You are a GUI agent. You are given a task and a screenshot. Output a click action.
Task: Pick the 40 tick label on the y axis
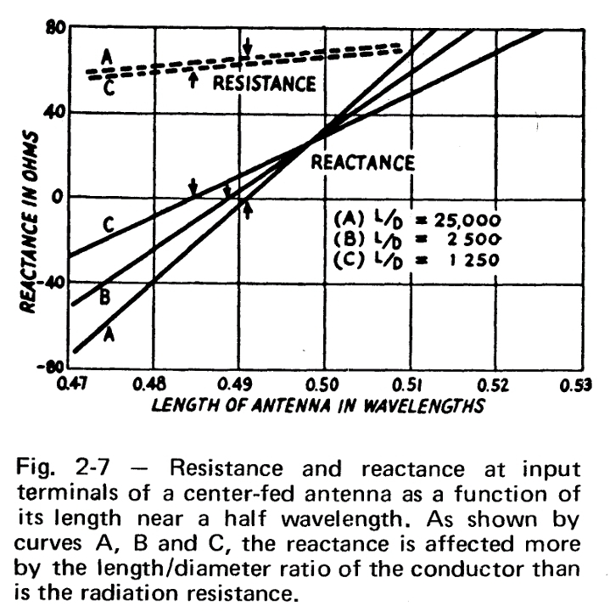point(55,112)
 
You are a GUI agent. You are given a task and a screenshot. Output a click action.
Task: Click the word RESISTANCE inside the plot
point(263,83)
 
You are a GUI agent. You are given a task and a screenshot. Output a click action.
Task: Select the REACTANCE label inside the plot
point(362,161)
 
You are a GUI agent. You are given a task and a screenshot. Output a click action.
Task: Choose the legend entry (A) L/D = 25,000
point(411,216)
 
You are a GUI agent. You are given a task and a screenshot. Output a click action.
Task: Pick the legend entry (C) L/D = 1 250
point(411,257)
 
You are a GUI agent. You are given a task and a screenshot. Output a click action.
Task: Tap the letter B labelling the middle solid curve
point(105,298)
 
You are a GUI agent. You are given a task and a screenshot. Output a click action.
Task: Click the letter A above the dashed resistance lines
point(106,56)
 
